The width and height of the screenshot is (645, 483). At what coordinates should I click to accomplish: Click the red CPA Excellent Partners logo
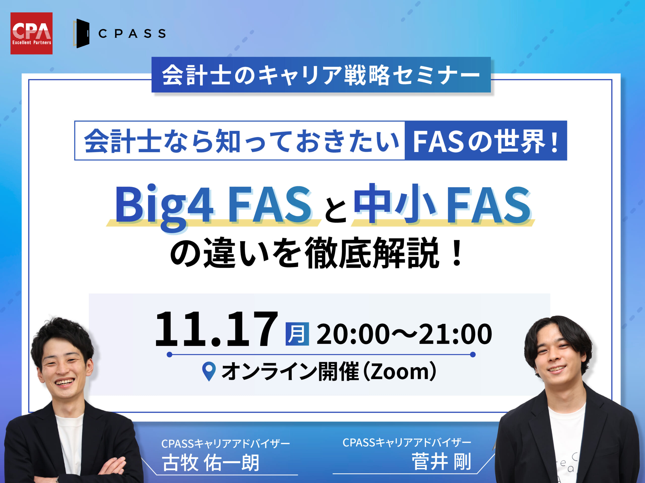(31, 33)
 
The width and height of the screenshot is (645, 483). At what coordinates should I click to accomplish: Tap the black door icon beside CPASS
(82, 33)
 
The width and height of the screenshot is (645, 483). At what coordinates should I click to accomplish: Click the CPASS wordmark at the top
(132, 34)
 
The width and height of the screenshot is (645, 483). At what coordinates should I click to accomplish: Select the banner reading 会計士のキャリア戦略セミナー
(321, 75)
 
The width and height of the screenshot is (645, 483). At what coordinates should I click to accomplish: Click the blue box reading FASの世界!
(486, 141)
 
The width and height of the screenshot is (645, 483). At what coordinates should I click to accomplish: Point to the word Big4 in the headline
(164, 205)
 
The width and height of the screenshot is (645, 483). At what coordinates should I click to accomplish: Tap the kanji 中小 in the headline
(395, 204)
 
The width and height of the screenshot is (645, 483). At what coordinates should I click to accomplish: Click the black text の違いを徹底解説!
(316, 253)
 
